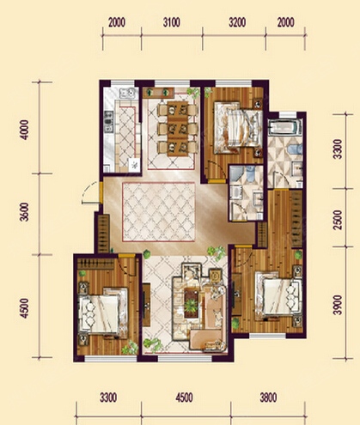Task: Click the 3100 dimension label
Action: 172,22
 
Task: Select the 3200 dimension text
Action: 237,22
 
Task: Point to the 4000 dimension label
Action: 25,130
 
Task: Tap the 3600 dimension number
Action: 25,212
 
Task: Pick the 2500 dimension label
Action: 339,220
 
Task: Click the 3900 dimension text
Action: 339,305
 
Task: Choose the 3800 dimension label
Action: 268,398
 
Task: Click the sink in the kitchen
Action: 127,93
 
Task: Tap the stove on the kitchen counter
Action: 108,122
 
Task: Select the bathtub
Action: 284,127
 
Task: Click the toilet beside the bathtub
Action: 295,149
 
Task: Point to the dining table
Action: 178,128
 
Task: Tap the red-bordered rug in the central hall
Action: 159,211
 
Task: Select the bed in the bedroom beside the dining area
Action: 238,127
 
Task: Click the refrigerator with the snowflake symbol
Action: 134,165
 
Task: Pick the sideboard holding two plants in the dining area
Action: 159,92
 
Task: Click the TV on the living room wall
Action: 147,305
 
